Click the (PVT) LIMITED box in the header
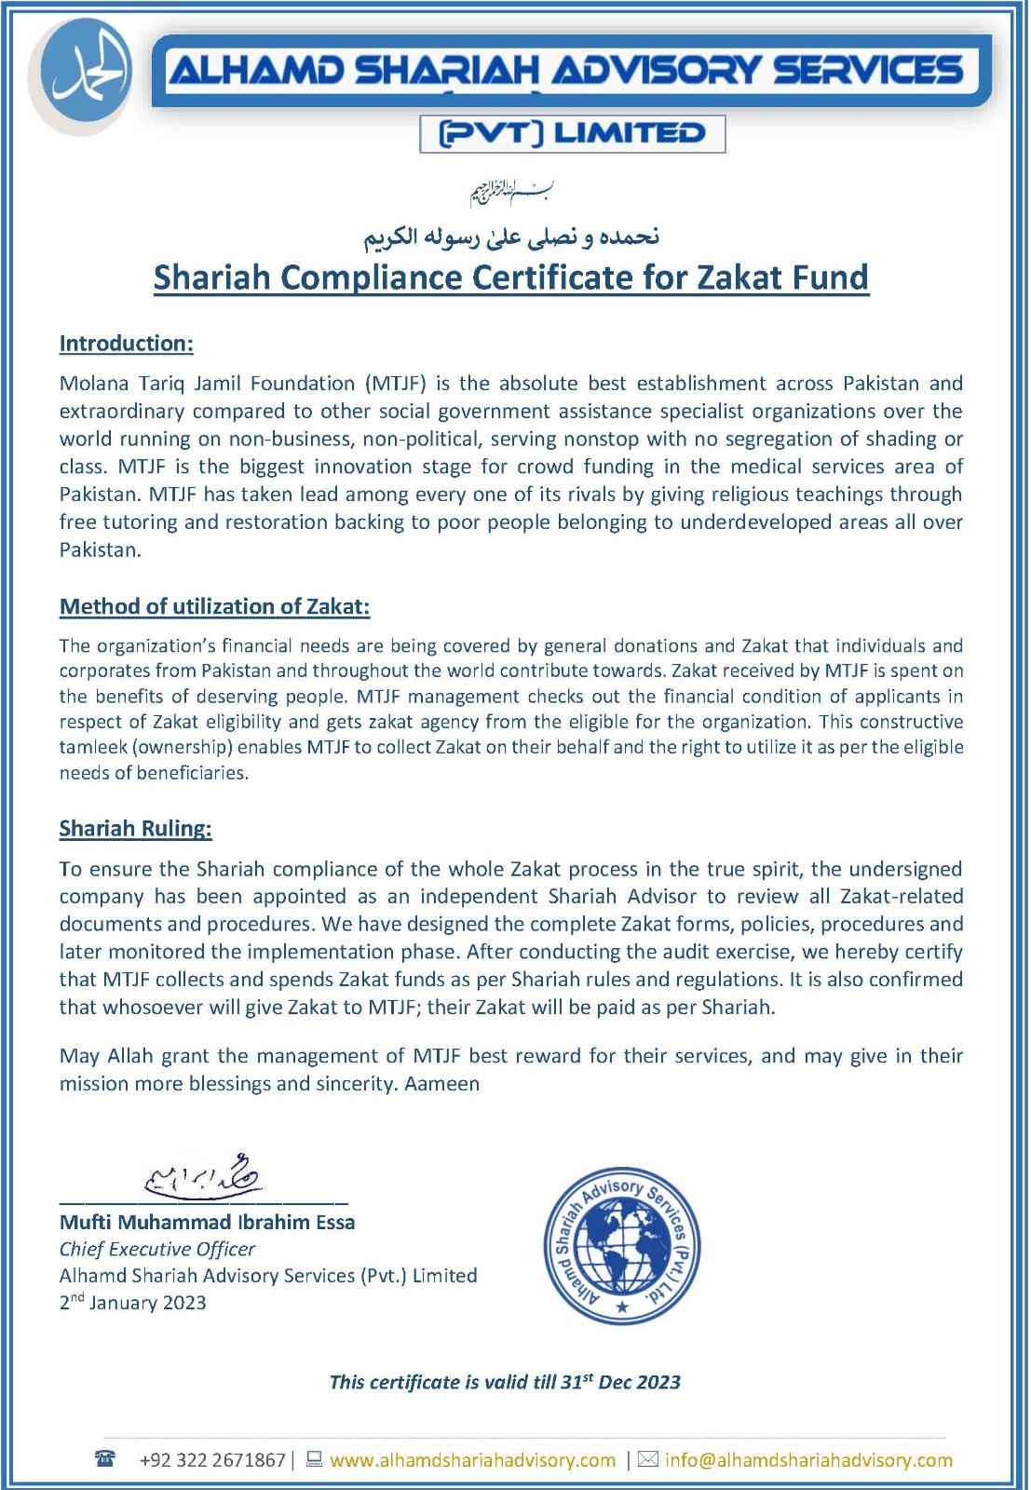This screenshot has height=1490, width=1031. click(572, 133)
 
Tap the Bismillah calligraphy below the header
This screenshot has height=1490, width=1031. click(511, 193)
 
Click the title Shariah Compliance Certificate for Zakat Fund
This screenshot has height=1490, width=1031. click(510, 278)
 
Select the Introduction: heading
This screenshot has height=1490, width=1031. click(127, 344)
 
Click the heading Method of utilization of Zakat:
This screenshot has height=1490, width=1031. click(214, 606)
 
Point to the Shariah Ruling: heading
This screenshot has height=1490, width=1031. click(136, 829)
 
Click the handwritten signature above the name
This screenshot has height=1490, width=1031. click(204, 1175)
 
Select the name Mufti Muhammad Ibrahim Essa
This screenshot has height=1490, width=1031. click(207, 1222)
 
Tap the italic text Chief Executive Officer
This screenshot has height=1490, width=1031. click(157, 1249)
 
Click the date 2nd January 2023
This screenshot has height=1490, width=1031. click(133, 1302)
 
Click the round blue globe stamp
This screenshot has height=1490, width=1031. click(621, 1246)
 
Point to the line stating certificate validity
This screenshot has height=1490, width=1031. click(505, 1382)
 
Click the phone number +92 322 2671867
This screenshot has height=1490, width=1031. click(212, 1460)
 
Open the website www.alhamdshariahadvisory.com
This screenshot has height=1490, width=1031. click(472, 1460)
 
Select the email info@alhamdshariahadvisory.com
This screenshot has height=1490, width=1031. click(808, 1460)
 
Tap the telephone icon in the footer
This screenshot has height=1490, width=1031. click(105, 1459)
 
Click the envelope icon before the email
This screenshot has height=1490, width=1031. click(647, 1459)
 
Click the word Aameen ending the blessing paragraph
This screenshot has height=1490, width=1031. click(442, 1084)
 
